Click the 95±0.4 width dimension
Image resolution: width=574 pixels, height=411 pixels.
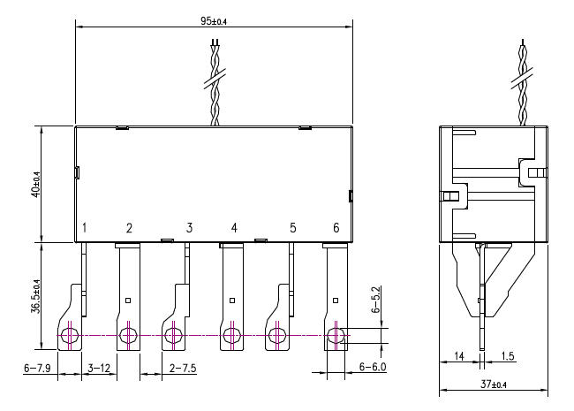(x=214, y=21)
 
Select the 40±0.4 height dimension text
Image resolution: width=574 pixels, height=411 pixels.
(x=36, y=185)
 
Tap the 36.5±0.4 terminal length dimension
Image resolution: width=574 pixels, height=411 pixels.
(x=36, y=296)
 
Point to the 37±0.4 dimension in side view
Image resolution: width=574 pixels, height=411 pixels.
(x=494, y=384)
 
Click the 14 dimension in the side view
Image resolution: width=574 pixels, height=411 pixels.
(x=459, y=355)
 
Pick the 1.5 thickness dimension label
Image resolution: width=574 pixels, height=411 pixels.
(x=508, y=355)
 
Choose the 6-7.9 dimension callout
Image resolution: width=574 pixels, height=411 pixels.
(x=37, y=368)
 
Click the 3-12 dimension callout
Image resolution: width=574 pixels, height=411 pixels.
(x=99, y=368)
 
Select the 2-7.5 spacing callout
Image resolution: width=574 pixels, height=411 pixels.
(x=183, y=368)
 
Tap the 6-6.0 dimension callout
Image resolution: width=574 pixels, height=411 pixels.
(x=373, y=366)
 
